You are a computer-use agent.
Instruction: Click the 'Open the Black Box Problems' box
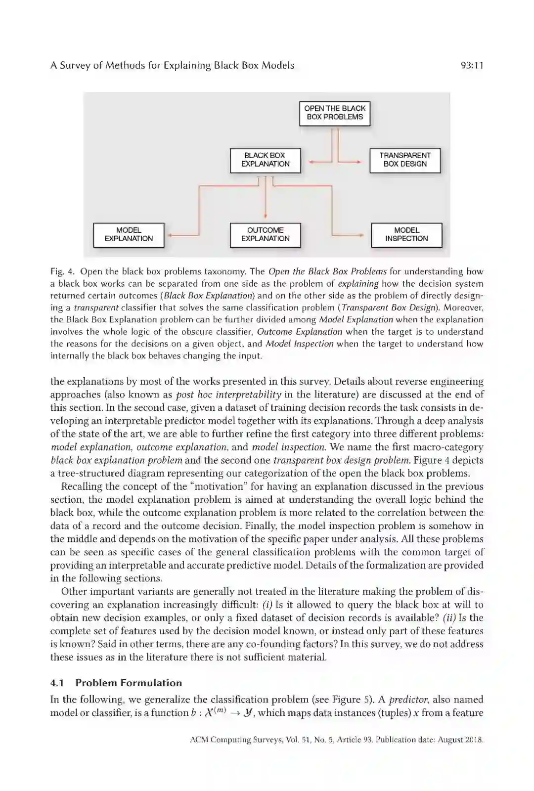tap(335, 113)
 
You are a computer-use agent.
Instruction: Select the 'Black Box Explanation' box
tap(266, 160)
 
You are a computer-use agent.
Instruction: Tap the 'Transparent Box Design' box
tap(405, 160)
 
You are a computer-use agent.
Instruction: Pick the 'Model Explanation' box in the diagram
tap(129, 235)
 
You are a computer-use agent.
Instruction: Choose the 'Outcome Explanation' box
tap(266, 235)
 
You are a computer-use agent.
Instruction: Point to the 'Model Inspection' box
tap(406, 235)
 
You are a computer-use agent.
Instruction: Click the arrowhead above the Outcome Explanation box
tap(266, 217)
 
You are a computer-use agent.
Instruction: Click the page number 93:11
tap(471, 66)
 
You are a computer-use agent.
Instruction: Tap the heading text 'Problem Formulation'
tap(129, 683)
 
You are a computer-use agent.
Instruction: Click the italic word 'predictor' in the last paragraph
tap(408, 700)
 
